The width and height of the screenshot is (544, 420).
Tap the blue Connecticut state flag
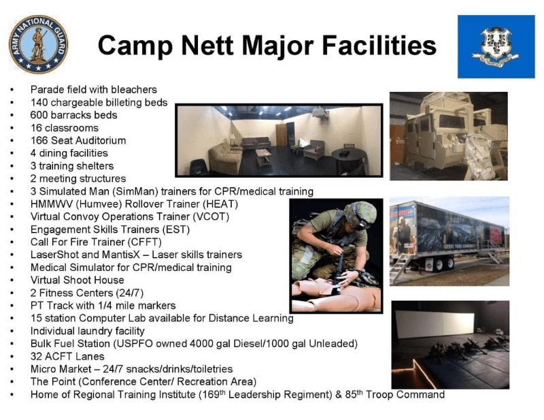click(x=496, y=46)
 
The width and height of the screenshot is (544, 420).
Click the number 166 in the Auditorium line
click(x=40, y=140)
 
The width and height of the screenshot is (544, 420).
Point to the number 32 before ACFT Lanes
click(x=37, y=356)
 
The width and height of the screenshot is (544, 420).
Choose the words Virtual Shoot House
click(x=78, y=280)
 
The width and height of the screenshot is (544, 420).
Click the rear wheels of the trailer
click(x=440, y=262)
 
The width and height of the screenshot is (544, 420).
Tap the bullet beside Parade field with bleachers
click(x=12, y=90)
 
